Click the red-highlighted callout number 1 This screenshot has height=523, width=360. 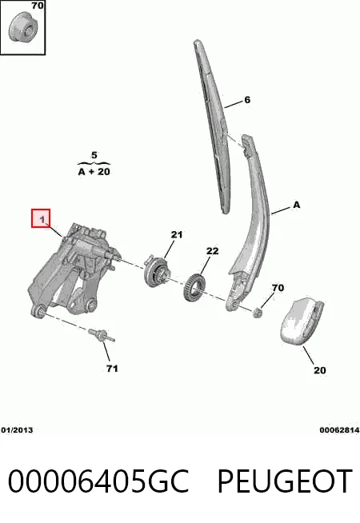(x=42, y=219)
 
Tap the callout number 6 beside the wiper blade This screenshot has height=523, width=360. (x=247, y=100)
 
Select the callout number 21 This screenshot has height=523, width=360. (x=177, y=235)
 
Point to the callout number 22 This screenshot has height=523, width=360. (x=212, y=250)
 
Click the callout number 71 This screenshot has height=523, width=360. (x=112, y=369)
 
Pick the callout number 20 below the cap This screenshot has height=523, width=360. (x=320, y=370)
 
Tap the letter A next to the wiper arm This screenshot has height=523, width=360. (x=296, y=205)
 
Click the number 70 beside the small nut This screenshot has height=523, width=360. (x=278, y=288)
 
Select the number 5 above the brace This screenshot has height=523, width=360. (x=94, y=155)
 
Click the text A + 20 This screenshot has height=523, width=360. (x=94, y=172)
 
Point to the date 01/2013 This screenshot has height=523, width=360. (x=17, y=430)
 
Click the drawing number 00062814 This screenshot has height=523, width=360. (x=339, y=430)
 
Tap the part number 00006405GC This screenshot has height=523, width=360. (x=98, y=481)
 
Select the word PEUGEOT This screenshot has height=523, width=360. (x=285, y=481)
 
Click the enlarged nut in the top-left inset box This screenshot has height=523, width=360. (x=23, y=27)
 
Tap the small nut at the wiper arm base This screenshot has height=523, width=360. (x=258, y=313)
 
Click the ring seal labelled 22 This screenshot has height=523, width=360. (x=194, y=286)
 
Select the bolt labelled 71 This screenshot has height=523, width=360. (x=102, y=335)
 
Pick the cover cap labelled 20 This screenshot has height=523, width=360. (x=301, y=321)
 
